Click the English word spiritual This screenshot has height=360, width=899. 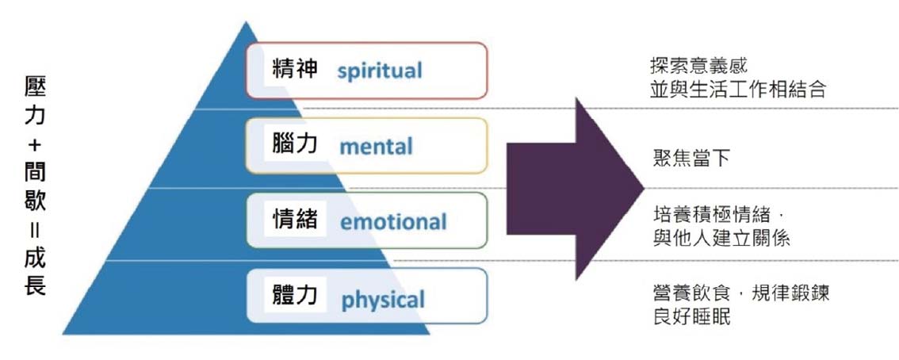coord(380,71)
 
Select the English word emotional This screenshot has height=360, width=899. coord(393,221)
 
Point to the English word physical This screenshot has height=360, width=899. coord(383,299)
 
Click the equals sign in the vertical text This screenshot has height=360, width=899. coord(35,231)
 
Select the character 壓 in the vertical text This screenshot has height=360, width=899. coord(35,89)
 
